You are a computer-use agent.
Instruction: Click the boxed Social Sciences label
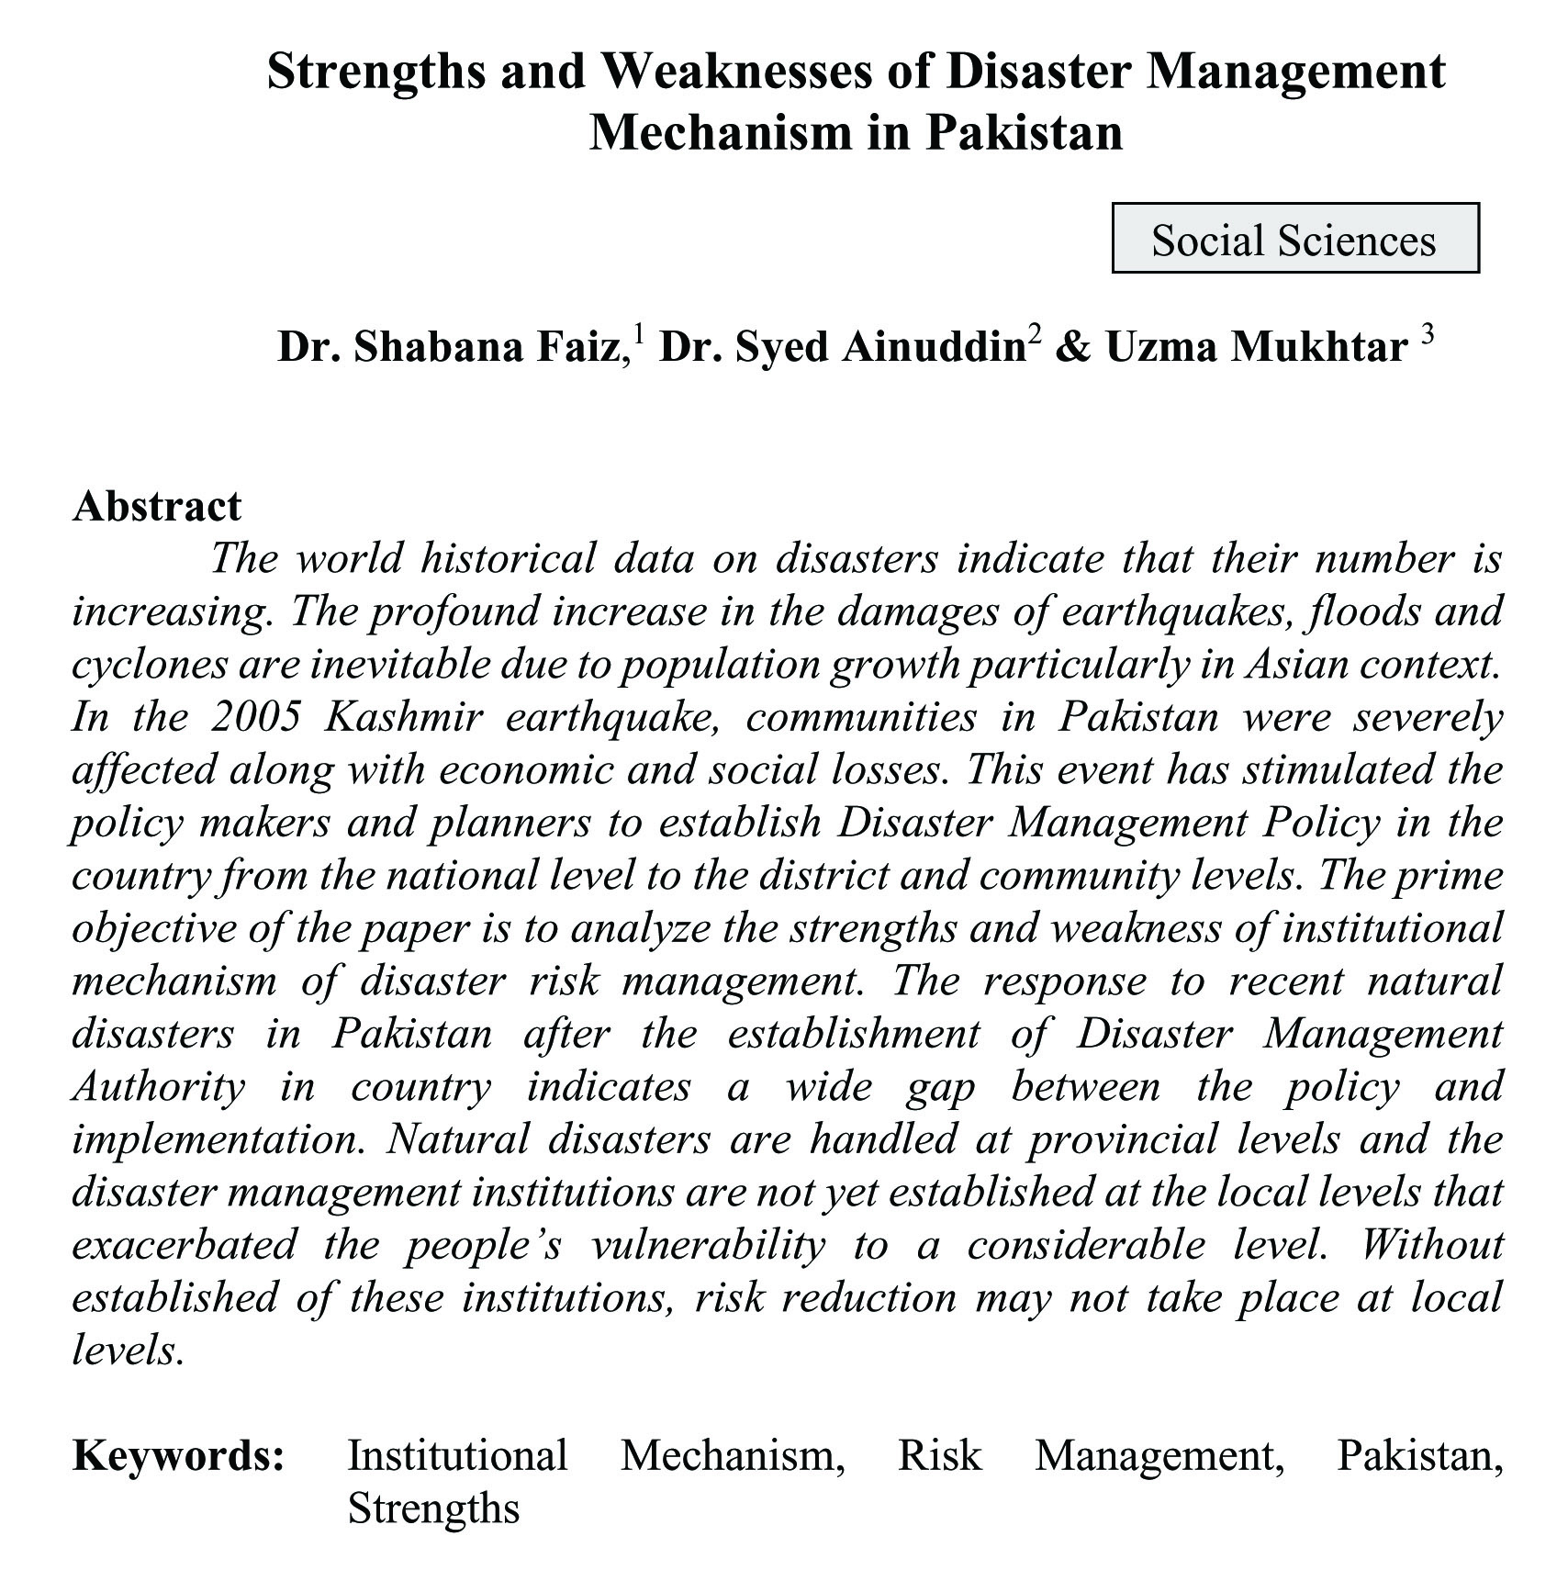point(1294,240)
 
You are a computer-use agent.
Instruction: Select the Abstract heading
point(157,506)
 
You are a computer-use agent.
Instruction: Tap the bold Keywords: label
point(178,1456)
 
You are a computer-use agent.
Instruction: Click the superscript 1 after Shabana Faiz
point(638,335)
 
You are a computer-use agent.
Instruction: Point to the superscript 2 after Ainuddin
point(1035,335)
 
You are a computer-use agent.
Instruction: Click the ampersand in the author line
point(1070,347)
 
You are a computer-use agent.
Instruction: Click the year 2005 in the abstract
point(257,717)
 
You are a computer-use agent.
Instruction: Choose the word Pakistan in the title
point(1023,132)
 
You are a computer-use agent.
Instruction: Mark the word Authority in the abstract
point(158,1087)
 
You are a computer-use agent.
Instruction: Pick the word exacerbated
point(184,1245)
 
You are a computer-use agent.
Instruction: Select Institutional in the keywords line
point(457,1456)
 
